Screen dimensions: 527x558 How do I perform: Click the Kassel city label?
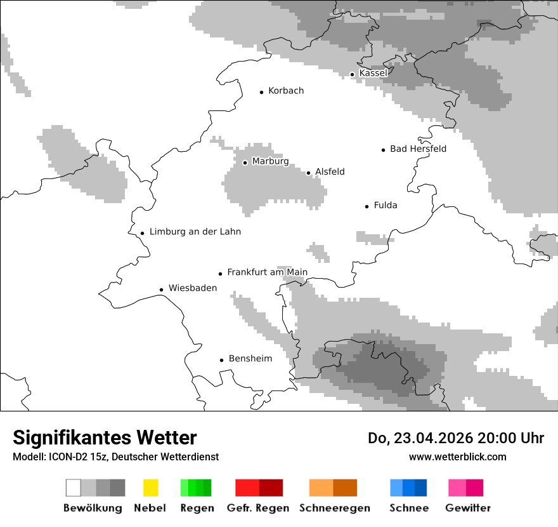(x=373, y=73)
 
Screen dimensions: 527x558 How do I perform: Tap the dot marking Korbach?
(x=261, y=92)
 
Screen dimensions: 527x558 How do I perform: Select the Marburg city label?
(x=270, y=161)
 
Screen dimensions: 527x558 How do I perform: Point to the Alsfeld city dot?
(x=309, y=173)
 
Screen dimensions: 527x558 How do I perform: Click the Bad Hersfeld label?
(x=418, y=149)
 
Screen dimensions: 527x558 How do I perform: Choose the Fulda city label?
(x=386, y=205)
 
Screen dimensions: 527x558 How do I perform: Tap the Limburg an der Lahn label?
(x=195, y=232)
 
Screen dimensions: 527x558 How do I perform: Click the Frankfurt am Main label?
(x=267, y=272)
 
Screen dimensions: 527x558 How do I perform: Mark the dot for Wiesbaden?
(x=161, y=290)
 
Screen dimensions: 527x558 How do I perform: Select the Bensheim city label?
(x=250, y=359)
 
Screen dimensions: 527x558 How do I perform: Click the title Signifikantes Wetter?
(x=105, y=437)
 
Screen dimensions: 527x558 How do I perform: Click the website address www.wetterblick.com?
(x=457, y=457)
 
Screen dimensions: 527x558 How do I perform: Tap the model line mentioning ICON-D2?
(x=115, y=457)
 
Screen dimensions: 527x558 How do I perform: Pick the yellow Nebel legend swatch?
(x=150, y=488)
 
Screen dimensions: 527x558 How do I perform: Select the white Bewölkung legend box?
(x=74, y=488)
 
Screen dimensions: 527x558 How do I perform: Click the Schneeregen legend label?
(x=334, y=508)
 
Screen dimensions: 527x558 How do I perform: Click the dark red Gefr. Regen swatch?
(x=271, y=488)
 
